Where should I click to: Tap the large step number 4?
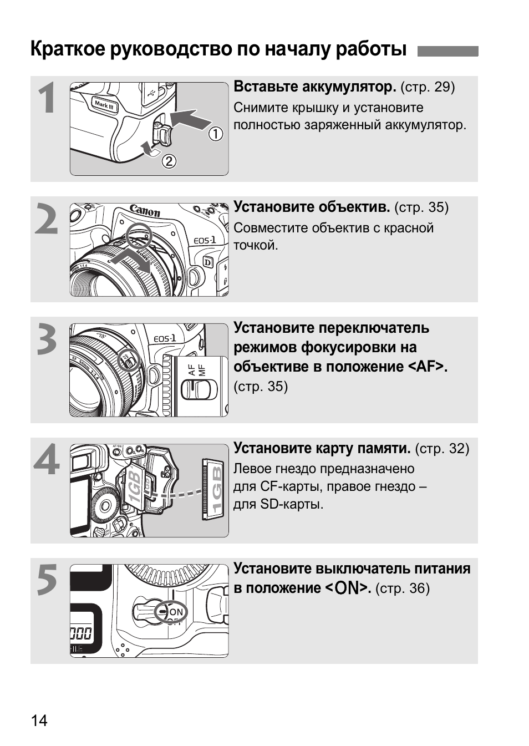[x=47, y=459]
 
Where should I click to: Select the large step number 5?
[x=47, y=580]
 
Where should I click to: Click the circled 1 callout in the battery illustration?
[x=215, y=134]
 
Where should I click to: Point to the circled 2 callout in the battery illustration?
[x=169, y=161]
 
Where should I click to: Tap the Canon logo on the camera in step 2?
[x=145, y=211]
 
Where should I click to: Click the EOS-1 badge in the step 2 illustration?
[x=204, y=240]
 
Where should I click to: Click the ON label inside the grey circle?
[x=176, y=612]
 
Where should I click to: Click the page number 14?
[x=39, y=720]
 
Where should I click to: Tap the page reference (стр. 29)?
[x=427, y=87]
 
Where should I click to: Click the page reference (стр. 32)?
[x=441, y=448]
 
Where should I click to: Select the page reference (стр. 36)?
[x=402, y=588]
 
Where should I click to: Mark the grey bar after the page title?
[x=447, y=51]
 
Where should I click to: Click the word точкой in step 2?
[x=255, y=245]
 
